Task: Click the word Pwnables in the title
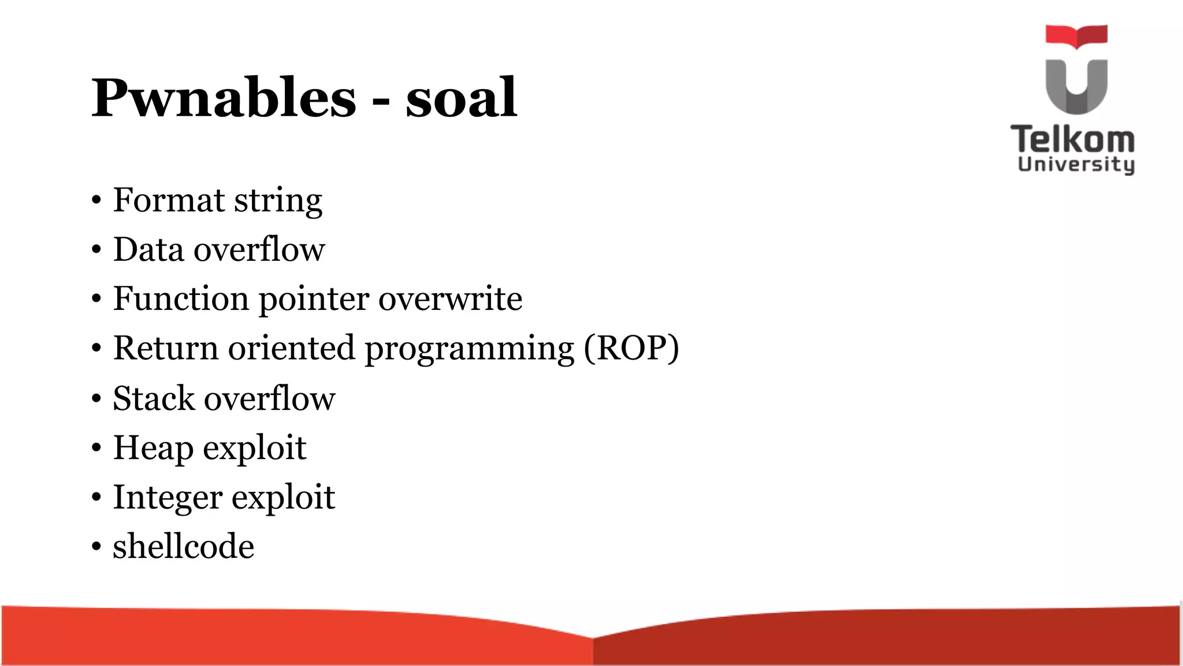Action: coord(224,98)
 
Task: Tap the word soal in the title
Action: coord(461,98)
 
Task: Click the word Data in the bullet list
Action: coord(148,250)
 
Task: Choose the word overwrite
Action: coord(450,299)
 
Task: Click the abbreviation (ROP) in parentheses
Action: coord(631,348)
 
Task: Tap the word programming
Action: coord(470,349)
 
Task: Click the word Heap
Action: coord(153,448)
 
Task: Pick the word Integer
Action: coord(167,498)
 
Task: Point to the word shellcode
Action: coord(183,546)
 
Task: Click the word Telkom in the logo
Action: coord(1073,139)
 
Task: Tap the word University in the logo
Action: coord(1076,164)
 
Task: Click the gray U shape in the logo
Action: coord(1076,87)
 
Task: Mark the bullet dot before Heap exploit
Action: coord(96,448)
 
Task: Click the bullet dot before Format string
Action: coord(96,201)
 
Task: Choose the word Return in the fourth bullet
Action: coord(165,348)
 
